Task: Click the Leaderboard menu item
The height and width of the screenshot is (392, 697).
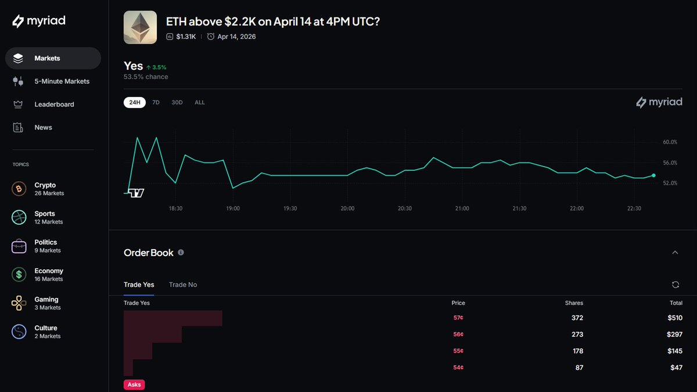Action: coord(53,105)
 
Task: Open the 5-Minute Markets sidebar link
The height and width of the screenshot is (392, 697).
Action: coord(62,81)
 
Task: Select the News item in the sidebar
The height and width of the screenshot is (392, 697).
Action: coord(43,127)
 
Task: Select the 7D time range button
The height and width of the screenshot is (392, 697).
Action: coord(156,102)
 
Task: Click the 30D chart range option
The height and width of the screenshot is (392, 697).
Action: coord(177,102)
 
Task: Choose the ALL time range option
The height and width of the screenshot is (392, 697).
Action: coord(200,102)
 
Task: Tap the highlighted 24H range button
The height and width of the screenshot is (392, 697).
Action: coord(135,102)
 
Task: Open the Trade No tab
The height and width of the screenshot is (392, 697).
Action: coord(183,285)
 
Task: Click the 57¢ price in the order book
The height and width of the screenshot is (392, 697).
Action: coord(458,318)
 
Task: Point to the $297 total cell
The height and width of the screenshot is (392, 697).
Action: coord(674,335)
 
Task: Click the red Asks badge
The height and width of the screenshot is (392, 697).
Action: coord(134,384)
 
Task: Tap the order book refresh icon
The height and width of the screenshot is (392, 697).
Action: coord(675,285)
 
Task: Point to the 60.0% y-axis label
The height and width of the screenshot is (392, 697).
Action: coord(670,142)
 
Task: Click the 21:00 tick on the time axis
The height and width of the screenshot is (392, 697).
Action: coord(462,208)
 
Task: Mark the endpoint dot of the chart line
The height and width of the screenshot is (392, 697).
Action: coord(654,175)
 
